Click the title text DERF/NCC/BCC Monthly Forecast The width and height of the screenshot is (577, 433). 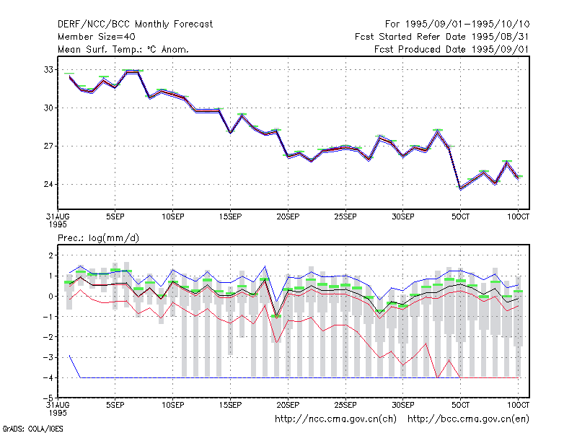(135, 25)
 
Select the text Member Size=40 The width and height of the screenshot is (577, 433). (97, 37)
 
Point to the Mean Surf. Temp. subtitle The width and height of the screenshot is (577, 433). (123, 49)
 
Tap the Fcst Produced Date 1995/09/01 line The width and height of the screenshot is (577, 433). (452, 49)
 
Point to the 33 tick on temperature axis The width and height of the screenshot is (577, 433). (48, 69)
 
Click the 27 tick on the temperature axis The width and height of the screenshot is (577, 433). (48, 146)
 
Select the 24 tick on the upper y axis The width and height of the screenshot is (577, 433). (48, 184)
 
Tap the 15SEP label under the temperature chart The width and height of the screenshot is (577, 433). (230, 217)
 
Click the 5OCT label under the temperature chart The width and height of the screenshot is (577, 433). (460, 217)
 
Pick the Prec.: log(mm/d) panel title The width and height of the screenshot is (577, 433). (98, 238)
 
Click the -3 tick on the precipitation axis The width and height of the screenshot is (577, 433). (48, 357)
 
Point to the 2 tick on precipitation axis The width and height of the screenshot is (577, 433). (50, 255)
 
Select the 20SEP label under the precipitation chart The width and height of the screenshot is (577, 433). (288, 405)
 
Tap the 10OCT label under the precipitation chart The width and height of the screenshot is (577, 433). (518, 405)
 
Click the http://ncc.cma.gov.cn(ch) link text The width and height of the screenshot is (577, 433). (335, 419)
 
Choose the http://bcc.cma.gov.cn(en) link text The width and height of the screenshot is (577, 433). (468, 419)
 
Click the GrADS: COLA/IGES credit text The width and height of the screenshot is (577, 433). (32, 429)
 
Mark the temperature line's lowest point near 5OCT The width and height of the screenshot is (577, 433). (460, 189)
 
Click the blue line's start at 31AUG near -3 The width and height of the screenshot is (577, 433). (69, 356)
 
